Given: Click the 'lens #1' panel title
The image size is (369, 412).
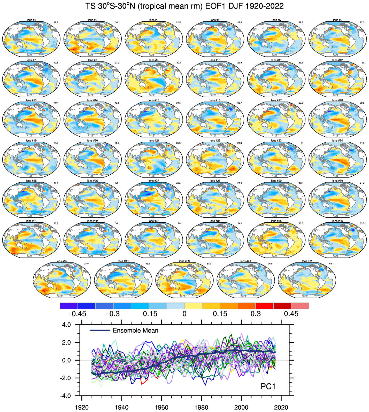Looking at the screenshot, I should (31, 20).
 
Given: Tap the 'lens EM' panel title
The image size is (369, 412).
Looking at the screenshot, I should (307, 261).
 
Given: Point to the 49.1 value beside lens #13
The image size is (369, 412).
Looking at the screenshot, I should (56, 103).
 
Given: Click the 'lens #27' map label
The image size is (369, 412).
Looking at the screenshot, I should (154, 181).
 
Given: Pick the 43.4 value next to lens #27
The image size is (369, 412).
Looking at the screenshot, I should (178, 183).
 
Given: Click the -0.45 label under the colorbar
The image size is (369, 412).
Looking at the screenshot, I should (78, 314).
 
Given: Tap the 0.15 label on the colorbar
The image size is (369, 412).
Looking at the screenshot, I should (220, 314).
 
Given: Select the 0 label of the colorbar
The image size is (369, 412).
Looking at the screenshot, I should (184, 314).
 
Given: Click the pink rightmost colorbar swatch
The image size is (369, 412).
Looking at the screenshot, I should (300, 306).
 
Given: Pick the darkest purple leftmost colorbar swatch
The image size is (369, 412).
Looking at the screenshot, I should (69, 306).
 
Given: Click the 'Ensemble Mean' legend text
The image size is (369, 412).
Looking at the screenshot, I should (135, 330).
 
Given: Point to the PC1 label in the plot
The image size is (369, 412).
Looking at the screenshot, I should (268, 386).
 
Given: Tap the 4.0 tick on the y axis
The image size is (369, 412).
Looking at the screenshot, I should (66, 325).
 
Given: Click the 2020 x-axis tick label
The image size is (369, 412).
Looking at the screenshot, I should (281, 408).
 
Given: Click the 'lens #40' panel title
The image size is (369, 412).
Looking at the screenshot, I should (245, 261).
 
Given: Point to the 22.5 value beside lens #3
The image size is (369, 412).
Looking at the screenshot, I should (178, 22).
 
